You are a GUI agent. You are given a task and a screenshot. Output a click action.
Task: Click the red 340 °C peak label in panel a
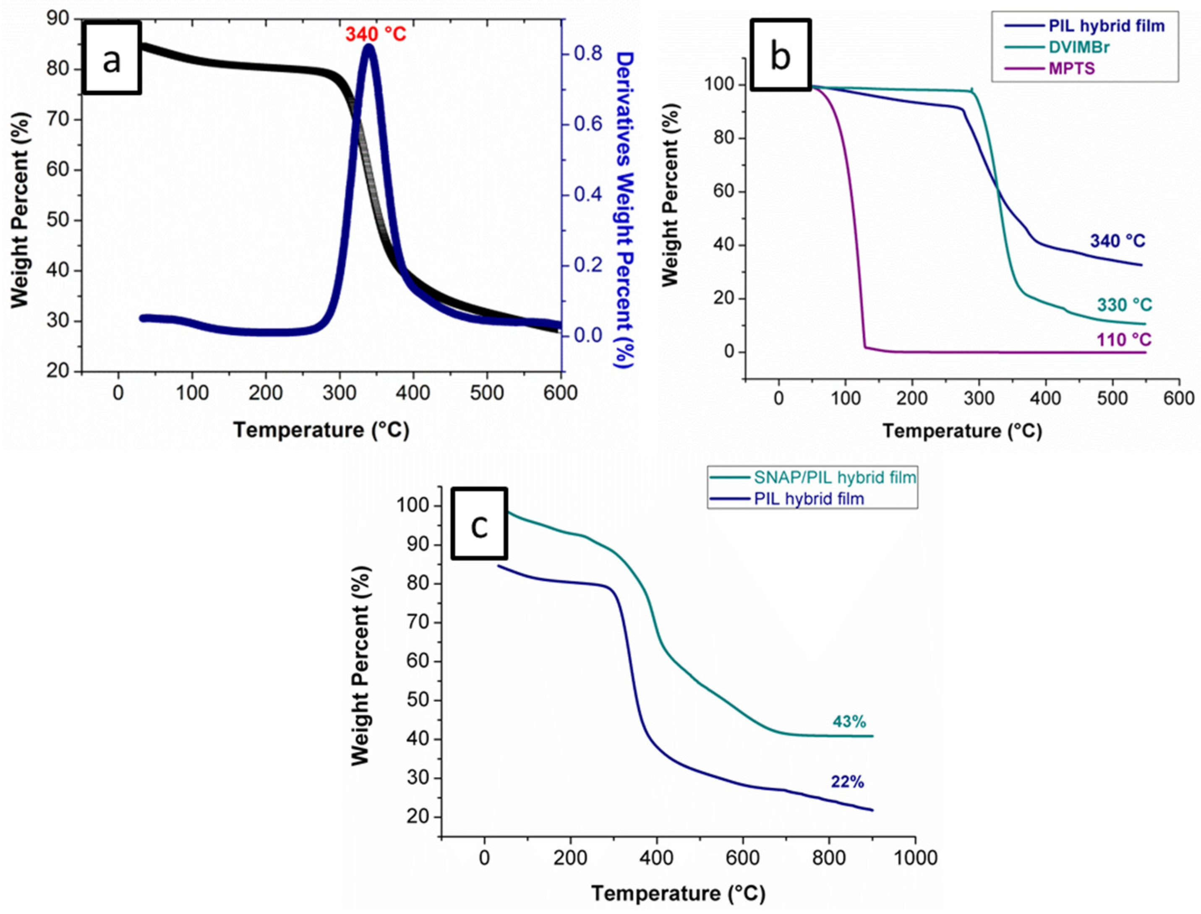coord(376,34)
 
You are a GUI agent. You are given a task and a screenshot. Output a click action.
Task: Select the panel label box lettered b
coord(781,55)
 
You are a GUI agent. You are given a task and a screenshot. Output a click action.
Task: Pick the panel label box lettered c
coord(479,523)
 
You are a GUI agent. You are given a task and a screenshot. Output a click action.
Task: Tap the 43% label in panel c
coord(849,722)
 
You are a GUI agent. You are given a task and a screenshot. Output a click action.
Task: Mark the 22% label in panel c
coord(847,782)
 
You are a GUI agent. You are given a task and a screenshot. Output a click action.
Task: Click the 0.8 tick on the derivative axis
coord(588,53)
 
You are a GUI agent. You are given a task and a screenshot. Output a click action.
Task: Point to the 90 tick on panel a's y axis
coord(59,19)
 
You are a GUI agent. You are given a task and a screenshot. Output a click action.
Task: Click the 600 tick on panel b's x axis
coord(1179,398)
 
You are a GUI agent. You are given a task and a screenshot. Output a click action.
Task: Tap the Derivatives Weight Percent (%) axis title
coord(625,209)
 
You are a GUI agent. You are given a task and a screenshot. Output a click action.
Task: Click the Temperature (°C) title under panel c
coord(678,893)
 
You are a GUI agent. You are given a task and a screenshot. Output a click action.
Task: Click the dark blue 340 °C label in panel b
coord(1117,240)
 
